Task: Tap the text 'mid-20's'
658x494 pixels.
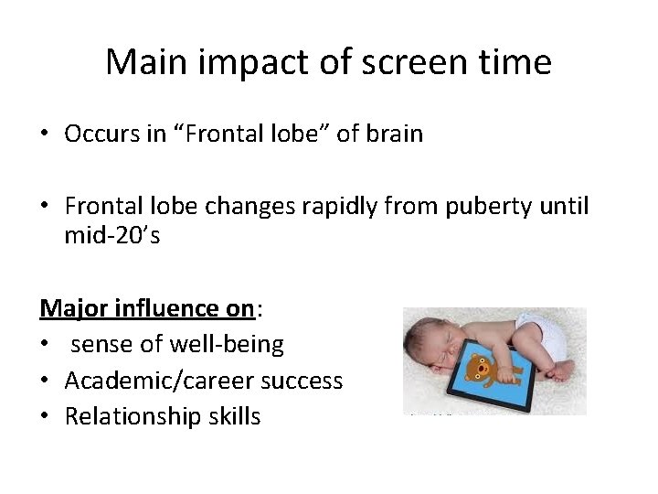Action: pos(111,236)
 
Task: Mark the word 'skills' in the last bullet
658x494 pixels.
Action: pos(232,417)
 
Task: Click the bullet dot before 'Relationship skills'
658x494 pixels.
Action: pos(45,417)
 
